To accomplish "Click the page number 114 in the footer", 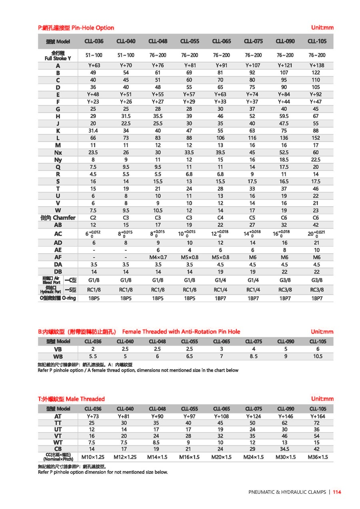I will coord(337,492).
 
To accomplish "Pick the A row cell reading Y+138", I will coord(317,66).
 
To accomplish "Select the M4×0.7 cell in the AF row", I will coord(158,257).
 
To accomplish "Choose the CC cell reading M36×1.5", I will coord(318,457).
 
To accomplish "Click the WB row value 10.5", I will coord(318,356).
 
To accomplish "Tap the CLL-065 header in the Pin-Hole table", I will coord(221,41).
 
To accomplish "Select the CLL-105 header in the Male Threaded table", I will coord(318,409).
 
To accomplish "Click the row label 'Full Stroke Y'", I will coord(58,56).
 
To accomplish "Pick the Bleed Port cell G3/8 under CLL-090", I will coord(285,280).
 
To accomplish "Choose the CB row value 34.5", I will coord(285,449).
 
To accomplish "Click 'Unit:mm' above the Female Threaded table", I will coord(322,331).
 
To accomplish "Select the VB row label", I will coord(58,349).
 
